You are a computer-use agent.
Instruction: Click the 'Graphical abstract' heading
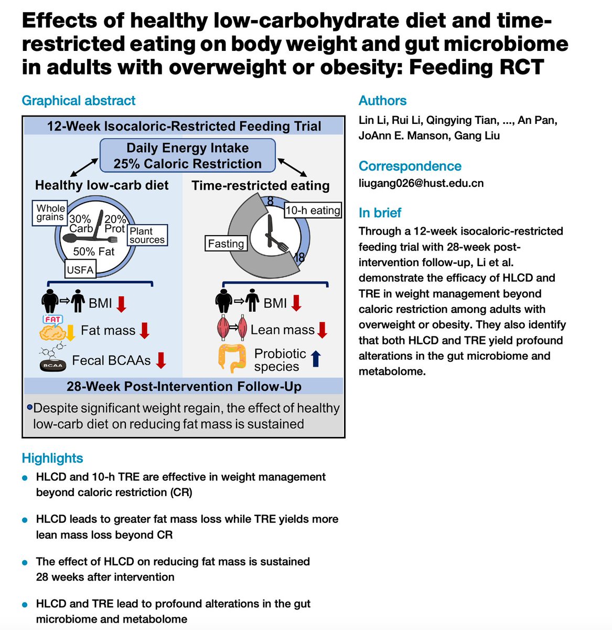[x=78, y=101]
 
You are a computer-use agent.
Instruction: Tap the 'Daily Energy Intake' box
[x=188, y=155]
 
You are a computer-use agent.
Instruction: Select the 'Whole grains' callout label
[x=50, y=213]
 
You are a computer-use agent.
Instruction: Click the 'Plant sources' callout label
[x=147, y=235]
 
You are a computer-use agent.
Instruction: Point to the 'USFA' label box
[x=80, y=270]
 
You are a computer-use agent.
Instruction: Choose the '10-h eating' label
[x=313, y=211]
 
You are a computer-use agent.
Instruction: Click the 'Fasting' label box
[x=226, y=244]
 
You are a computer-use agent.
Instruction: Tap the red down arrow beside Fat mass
[x=145, y=330]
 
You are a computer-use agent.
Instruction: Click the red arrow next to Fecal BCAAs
[x=161, y=360]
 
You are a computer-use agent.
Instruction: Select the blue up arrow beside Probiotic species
[x=316, y=359]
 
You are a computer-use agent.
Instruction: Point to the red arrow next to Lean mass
[x=322, y=330]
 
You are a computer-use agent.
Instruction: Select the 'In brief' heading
[x=380, y=213]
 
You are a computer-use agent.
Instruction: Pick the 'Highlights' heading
[x=52, y=458]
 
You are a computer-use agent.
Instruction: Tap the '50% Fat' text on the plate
[x=93, y=251]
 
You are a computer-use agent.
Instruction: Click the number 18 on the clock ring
[x=300, y=258]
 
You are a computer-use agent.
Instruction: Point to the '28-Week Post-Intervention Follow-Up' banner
[x=184, y=387]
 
